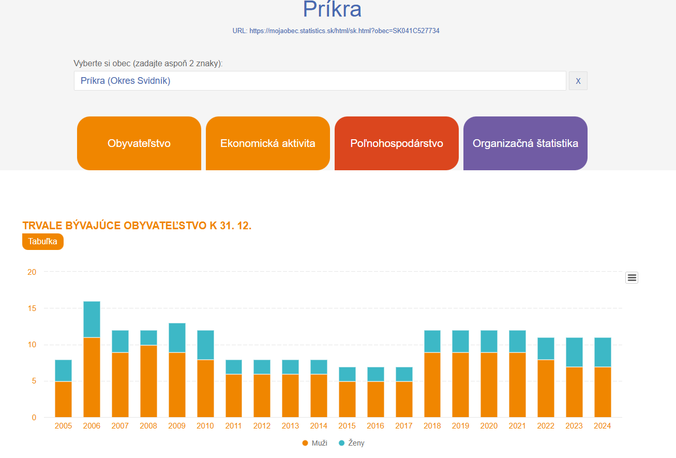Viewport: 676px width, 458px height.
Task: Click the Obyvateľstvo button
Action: [139, 143]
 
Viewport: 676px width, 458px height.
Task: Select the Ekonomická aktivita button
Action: [267, 143]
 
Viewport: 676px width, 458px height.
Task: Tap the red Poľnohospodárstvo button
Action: [396, 143]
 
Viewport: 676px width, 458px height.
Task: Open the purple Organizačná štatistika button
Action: [525, 143]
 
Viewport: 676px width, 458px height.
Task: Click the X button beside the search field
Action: [578, 81]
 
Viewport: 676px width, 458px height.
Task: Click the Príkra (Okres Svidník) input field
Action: [320, 81]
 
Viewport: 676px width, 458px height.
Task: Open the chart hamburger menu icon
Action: [632, 278]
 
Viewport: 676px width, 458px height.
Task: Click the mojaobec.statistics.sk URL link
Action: [344, 31]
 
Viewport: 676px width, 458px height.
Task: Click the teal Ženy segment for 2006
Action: [92, 319]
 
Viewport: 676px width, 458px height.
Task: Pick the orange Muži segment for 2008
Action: [148, 381]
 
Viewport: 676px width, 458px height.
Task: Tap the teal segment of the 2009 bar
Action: [177, 337]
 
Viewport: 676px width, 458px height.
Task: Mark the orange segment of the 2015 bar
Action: [347, 399]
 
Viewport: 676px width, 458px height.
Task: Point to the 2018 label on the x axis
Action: [432, 426]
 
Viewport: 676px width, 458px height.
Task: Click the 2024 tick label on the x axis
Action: [603, 426]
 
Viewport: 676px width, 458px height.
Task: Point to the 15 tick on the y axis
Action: [32, 308]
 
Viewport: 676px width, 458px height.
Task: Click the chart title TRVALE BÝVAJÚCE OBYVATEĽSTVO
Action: [137, 226]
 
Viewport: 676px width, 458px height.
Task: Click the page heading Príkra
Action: [332, 9]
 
